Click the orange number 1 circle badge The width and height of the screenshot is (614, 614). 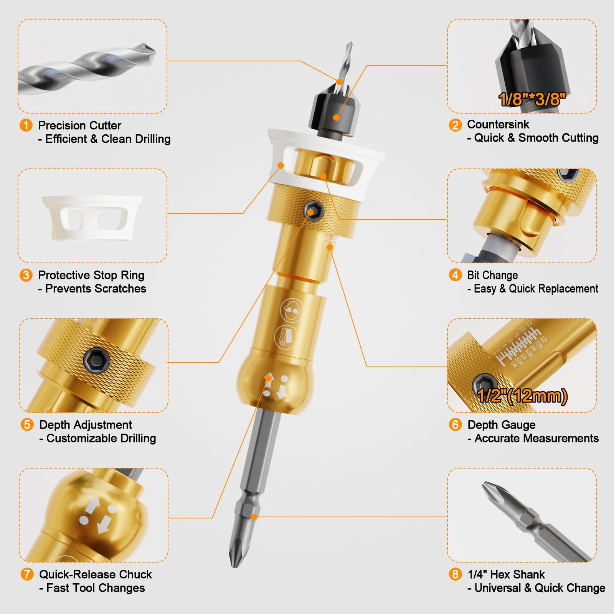point(26,125)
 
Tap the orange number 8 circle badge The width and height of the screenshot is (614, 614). point(455,574)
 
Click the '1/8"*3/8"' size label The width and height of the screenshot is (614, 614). point(532,99)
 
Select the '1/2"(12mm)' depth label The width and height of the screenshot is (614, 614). point(522,396)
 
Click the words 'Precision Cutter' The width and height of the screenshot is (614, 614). point(79,125)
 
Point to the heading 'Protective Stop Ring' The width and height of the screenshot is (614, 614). point(91,275)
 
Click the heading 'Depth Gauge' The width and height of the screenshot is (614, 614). point(501,425)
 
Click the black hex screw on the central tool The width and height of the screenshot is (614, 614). point(314,211)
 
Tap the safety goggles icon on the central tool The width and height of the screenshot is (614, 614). point(292,310)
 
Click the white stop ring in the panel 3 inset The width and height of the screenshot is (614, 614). point(92,217)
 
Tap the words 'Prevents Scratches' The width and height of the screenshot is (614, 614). point(96,289)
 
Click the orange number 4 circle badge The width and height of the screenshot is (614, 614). point(455,275)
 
